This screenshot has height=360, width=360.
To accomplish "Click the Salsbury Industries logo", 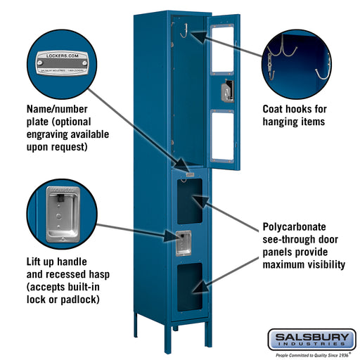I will click(311, 338).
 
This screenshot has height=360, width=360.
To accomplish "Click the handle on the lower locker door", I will click(183, 242).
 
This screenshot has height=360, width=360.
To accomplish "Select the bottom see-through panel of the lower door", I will click(188, 287).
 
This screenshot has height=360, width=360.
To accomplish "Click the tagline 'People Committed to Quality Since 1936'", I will click(311, 354).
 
